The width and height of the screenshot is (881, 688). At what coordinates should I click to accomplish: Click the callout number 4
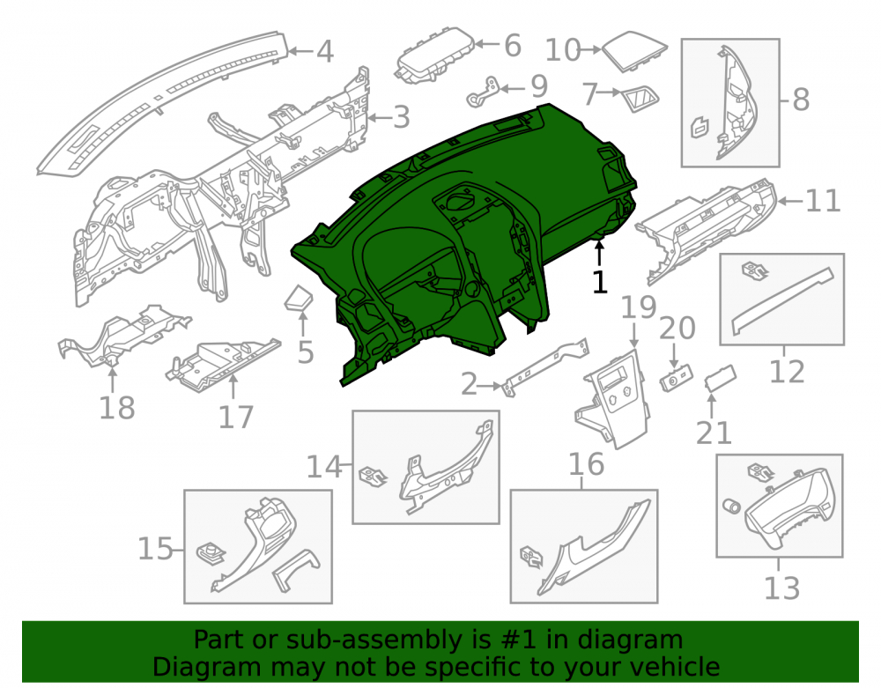click(x=325, y=51)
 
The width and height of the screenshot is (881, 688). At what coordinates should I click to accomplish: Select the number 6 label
click(x=513, y=46)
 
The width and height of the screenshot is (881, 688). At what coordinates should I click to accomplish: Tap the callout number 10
click(x=563, y=50)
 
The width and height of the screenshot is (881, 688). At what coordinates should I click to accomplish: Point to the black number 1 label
click(x=600, y=282)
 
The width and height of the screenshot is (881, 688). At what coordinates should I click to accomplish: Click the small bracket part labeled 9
click(x=483, y=92)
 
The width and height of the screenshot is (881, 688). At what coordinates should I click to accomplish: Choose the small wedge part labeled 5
click(x=299, y=298)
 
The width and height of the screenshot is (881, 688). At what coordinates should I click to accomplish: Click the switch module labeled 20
click(x=677, y=377)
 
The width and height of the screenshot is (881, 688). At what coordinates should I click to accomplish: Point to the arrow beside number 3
click(x=380, y=118)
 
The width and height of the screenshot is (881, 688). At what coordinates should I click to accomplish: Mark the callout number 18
click(x=117, y=408)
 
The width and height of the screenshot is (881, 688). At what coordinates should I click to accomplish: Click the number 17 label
click(x=236, y=418)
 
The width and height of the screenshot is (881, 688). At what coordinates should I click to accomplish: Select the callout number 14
click(x=324, y=467)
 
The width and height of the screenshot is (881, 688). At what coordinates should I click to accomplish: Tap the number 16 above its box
click(x=587, y=464)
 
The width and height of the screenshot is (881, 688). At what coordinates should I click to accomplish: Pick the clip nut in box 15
click(x=211, y=553)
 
